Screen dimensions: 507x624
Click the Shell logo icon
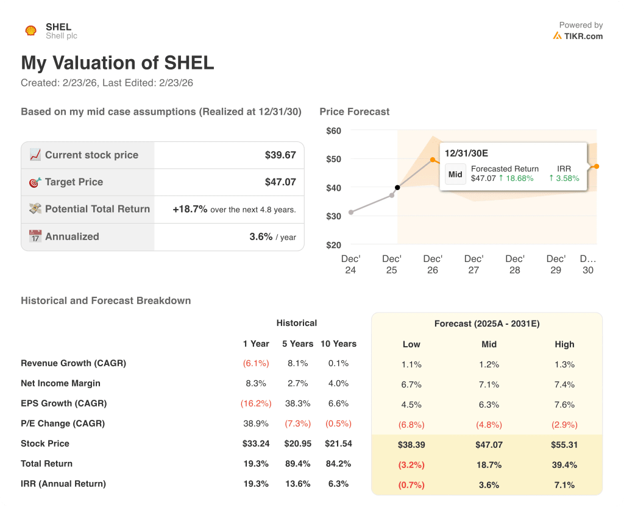click(30, 30)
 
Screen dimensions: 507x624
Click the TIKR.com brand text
click(583, 36)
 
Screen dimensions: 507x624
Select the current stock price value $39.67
click(280, 155)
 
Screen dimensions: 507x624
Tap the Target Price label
click(74, 182)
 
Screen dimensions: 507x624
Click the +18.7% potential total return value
click(190, 209)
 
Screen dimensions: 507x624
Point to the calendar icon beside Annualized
click(35, 236)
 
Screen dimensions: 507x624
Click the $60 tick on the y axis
click(333, 130)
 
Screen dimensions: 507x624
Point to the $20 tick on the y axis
click(333, 245)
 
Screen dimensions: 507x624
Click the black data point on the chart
click(397, 188)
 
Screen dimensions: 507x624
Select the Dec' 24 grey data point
click(350, 212)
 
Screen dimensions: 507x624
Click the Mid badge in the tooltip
click(455, 174)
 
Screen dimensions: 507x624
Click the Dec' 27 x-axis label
click(473, 264)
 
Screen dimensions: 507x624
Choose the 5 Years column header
click(297, 344)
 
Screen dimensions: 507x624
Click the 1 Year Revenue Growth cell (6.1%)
click(256, 363)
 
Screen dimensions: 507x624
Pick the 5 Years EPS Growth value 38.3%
click(297, 403)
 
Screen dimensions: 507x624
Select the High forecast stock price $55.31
click(564, 445)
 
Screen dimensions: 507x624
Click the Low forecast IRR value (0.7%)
click(411, 485)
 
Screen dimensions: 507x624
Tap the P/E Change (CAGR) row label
click(63, 424)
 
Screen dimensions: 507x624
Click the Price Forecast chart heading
click(354, 112)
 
